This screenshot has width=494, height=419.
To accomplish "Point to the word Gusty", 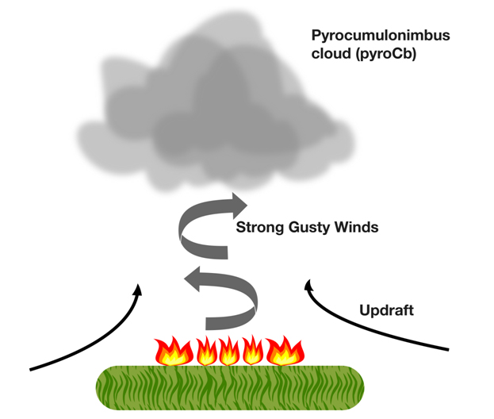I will click(x=304, y=228).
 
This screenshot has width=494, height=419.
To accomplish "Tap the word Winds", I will click(x=354, y=228).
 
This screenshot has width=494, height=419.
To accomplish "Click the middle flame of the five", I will click(x=228, y=350).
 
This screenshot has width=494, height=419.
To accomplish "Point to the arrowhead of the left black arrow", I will click(x=139, y=289).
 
